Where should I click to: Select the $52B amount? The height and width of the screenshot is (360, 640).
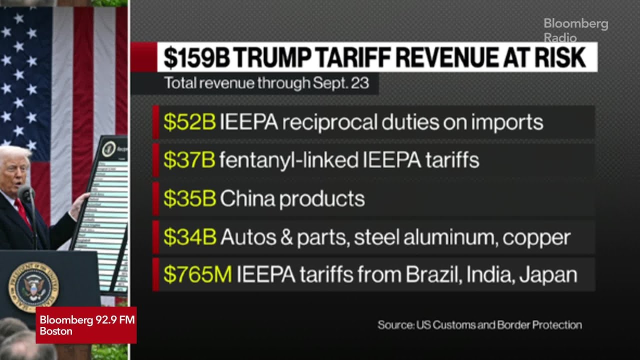[x=189, y=122]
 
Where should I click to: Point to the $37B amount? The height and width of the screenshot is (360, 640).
[x=189, y=160]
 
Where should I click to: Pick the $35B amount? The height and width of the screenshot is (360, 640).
[x=189, y=198]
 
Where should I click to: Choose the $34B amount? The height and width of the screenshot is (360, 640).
[x=189, y=237]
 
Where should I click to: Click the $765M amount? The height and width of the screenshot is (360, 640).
[x=197, y=275]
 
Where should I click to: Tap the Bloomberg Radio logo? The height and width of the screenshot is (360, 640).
[x=575, y=30]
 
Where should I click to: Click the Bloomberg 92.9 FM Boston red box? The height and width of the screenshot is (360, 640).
[x=86, y=325]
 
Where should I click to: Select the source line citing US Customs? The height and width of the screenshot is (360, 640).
[x=479, y=325]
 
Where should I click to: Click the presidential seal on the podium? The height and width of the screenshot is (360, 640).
[x=33, y=287]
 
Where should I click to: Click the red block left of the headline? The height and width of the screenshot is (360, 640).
[x=143, y=57]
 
